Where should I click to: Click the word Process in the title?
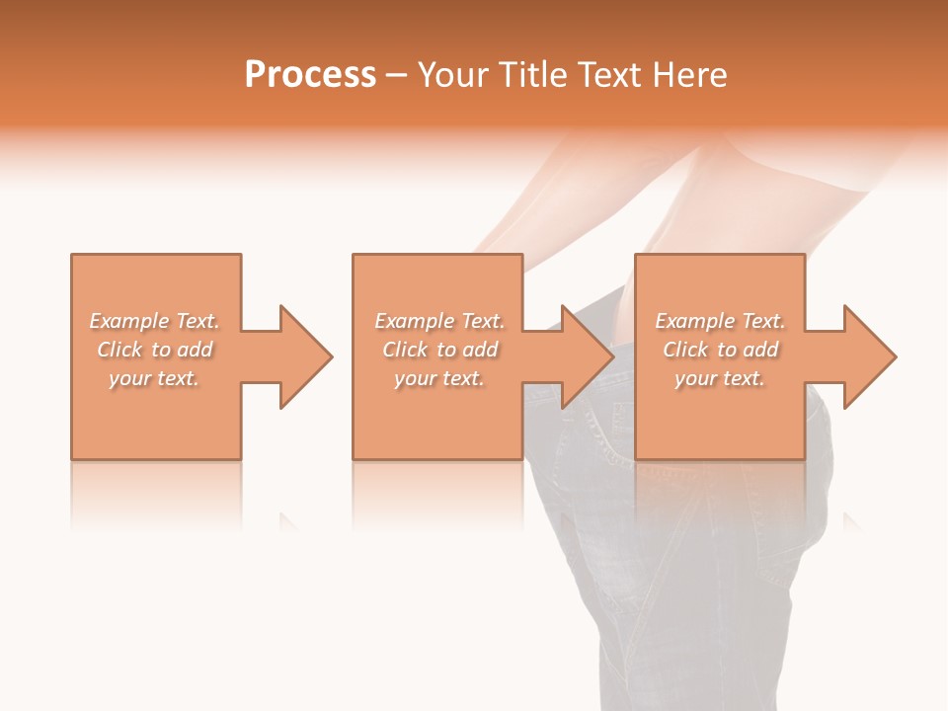[x=310, y=75]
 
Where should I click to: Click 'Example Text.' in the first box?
[x=154, y=321]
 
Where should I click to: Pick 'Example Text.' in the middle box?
[x=439, y=321]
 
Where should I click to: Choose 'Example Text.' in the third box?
[x=720, y=321]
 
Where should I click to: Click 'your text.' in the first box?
[x=154, y=378]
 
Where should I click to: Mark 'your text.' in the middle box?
[x=439, y=378]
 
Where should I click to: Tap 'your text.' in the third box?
[x=720, y=378]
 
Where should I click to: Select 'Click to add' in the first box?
[x=154, y=350]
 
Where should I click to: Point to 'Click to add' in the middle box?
[x=439, y=350]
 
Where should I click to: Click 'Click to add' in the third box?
[x=720, y=350]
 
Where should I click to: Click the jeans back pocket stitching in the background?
[x=592, y=434]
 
